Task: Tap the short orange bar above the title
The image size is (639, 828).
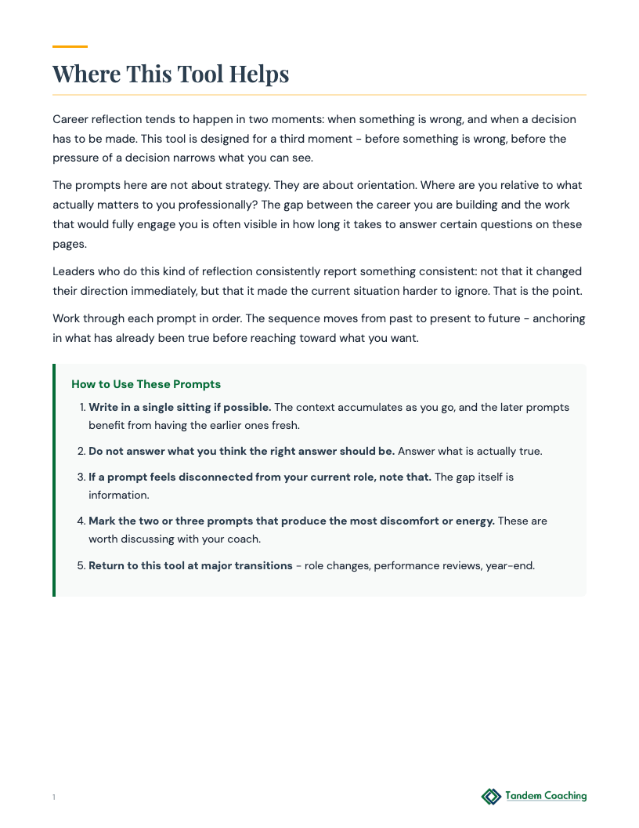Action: [x=70, y=47]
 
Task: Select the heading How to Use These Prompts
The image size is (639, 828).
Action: [x=146, y=384]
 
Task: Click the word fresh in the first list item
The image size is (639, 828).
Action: [x=284, y=425]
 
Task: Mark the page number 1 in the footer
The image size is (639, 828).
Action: [x=54, y=797]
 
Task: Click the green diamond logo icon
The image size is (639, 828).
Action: [x=491, y=797]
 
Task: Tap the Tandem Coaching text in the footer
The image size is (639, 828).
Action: [x=546, y=796]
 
